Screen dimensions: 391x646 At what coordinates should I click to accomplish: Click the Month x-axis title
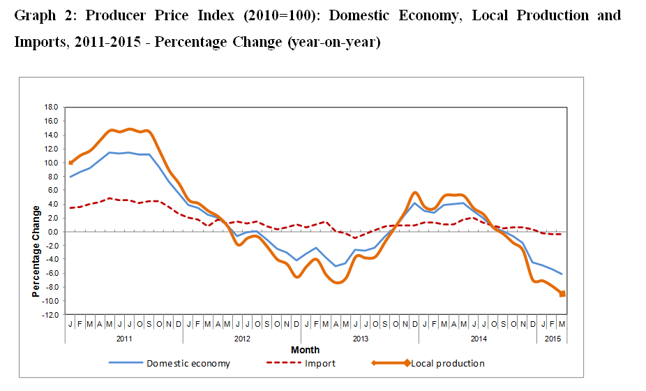pyautogui.click(x=305, y=350)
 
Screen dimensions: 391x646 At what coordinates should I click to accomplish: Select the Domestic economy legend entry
pyautogui.click(x=188, y=363)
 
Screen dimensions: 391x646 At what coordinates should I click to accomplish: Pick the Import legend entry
pyautogui.click(x=320, y=363)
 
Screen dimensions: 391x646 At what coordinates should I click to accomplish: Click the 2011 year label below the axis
pyautogui.click(x=124, y=339)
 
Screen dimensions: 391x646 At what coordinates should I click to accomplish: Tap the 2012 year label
pyautogui.click(x=242, y=339)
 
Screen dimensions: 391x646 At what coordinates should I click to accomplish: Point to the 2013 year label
pyautogui.click(x=360, y=339)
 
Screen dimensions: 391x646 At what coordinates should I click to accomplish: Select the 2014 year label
pyautogui.click(x=478, y=339)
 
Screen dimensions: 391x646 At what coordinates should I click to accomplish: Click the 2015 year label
pyautogui.click(x=552, y=339)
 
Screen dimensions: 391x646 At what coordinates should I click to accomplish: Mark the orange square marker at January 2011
pyautogui.click(x=70, y=163)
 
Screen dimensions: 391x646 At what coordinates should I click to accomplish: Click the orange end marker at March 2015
pyautogui.click(x=562, y=294)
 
